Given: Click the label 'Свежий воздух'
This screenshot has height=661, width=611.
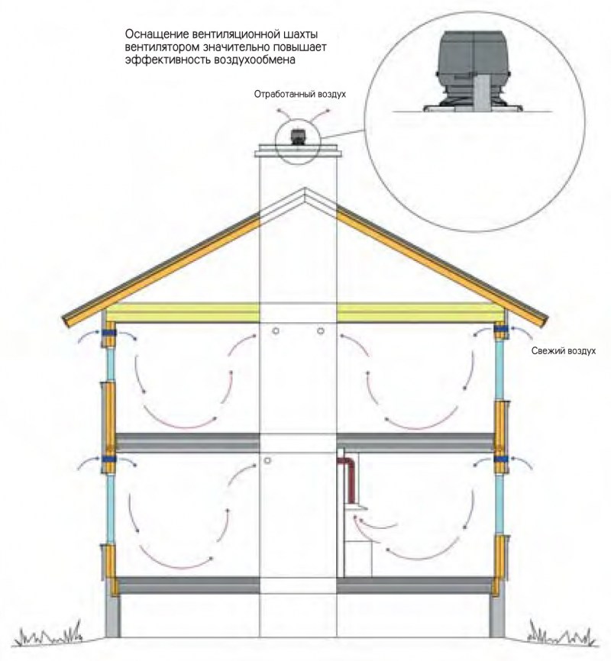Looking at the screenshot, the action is tap(564, 351).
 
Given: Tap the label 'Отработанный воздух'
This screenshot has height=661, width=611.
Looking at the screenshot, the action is tap(299, 94).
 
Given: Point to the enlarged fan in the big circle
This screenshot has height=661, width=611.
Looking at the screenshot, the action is tap(474, 72).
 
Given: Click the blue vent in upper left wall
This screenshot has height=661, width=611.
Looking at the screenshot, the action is tap(108, 333).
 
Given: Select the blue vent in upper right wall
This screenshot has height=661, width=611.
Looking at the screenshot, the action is tap(501, 329).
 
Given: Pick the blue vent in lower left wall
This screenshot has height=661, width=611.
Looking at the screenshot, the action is tap(108, 459).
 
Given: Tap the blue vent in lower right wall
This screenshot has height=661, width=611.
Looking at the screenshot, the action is tap(501, 459).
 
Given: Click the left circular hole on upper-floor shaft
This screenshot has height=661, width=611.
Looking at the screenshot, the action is tap(276, 331).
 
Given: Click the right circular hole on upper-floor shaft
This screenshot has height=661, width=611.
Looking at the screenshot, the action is tap(321, 331).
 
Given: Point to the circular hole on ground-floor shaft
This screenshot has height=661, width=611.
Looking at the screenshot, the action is tap(267, 461).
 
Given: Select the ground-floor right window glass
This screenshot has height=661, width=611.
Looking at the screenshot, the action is tap(499, 505).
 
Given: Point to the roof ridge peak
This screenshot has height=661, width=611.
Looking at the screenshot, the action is tap(304, 189).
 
